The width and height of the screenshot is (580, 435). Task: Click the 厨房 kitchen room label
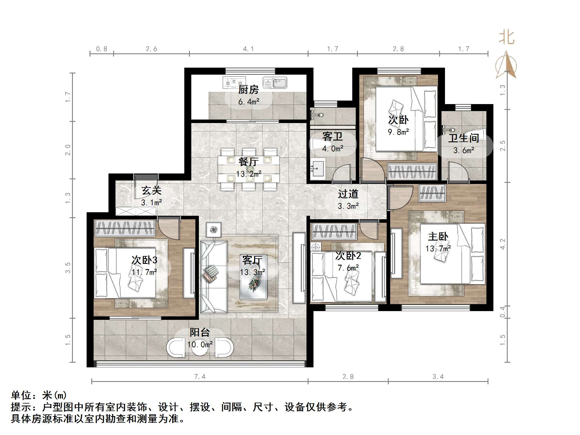coord(248,90)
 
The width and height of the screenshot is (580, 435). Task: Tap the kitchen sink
coord(275,83)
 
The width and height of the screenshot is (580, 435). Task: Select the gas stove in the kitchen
coord(234,83)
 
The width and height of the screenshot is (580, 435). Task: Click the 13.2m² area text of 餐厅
coord(248,174)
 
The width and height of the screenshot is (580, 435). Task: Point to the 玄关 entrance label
coord(151,190)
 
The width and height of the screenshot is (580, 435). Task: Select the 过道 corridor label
coord(348,194)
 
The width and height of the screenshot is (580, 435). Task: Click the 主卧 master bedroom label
coord(438,236)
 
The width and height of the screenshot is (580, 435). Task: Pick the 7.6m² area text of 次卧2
coord(348,268)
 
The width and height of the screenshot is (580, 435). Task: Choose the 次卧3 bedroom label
coord(144,260)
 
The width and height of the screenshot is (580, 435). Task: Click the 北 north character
coord(506,38)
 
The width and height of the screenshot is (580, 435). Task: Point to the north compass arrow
coord(507,65)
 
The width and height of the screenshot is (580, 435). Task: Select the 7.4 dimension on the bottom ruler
coord(200,377)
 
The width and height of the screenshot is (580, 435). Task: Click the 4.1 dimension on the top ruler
coord(248,49)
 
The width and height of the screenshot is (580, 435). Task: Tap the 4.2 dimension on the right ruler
coord(502,244)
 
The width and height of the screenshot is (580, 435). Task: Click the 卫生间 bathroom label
coord(464,138)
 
